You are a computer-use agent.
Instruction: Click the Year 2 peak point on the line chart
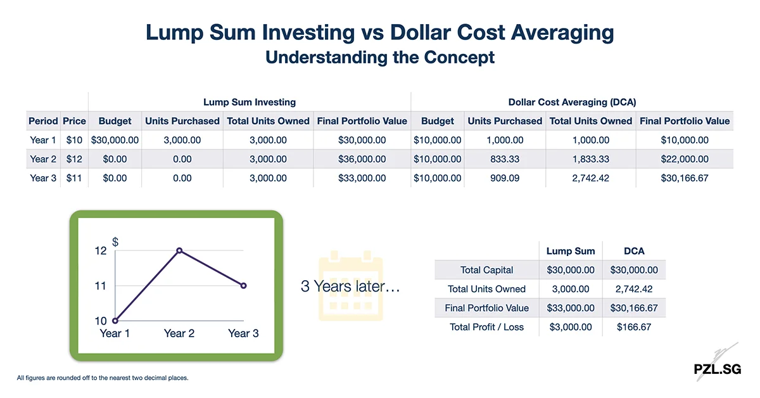tap(179, 251)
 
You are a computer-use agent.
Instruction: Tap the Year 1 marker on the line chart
tap(115, 321)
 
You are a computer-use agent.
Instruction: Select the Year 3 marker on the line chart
tap(244, 286)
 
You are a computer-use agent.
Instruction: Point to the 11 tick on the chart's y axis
tap(100, 286)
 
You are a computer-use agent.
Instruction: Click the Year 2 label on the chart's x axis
tap(179, 333)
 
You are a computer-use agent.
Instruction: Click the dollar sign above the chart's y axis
tap(115, 242)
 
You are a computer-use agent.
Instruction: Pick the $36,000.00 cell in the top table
tap(362, 159)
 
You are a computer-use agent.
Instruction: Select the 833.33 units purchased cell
tap(505, 159)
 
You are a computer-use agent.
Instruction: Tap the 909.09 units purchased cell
tap(505, 178)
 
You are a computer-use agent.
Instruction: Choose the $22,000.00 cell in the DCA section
tap(685, 159)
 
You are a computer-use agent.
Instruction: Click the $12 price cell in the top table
tap(74, 159)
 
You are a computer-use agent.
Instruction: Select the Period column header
tap(43, 121)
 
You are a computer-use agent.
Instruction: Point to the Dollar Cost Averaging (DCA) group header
tap(572, 102)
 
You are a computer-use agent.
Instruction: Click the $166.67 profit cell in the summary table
tap(634, 327)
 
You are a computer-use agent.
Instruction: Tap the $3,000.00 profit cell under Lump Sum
tap(570, 327)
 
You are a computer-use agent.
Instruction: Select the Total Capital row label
tap(486, 270)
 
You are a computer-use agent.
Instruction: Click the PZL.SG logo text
tap(716, 369)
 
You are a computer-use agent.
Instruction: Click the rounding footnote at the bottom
tap(103, 378)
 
